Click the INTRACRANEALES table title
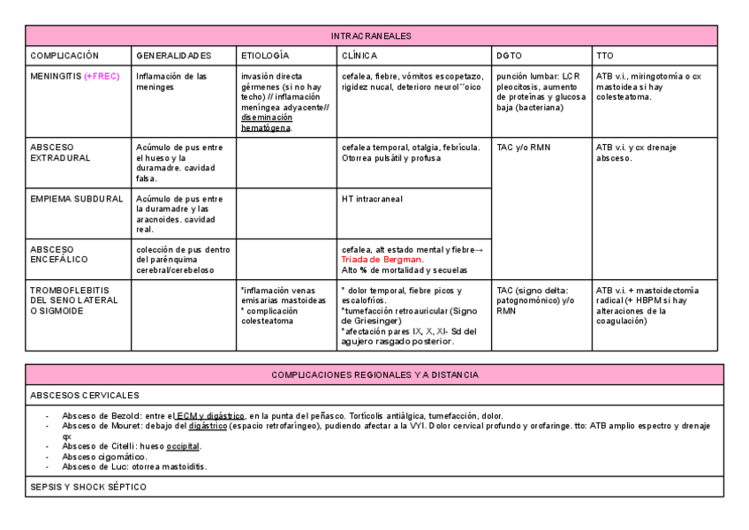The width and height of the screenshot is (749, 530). point(371,36)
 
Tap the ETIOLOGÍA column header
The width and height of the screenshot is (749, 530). point(265,56)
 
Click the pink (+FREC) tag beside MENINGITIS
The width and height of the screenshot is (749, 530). point(104,77)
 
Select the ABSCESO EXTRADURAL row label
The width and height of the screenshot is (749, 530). point(60,152)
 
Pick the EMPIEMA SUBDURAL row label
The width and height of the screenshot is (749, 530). point(77,199)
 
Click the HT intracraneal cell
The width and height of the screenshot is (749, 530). point(372,199)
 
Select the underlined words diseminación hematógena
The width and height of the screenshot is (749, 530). point(266,122)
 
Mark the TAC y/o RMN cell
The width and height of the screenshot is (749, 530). point(523,148)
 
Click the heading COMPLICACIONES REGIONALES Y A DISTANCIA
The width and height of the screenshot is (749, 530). point(374,375)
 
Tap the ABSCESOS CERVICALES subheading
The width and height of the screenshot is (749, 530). point(84,395)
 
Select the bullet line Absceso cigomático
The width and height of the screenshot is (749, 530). point(105,457)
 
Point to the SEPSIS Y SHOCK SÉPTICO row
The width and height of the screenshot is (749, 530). point(88,487)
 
